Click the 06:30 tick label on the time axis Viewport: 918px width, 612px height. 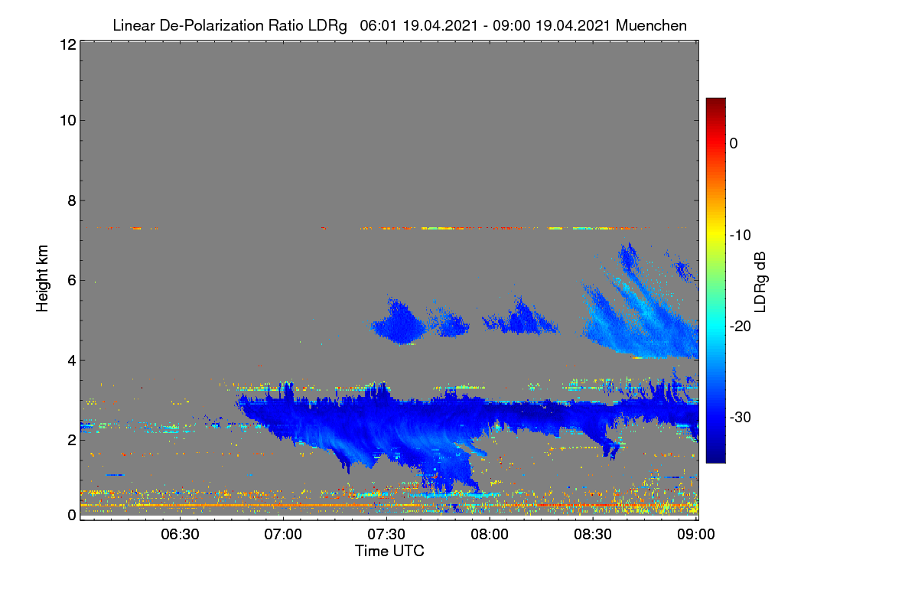pyautogui.click(x=180, y=534)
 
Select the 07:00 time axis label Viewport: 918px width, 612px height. pyautogui.click(x=283, y=534)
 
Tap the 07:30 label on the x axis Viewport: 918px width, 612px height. pyautogui.click(x=386, y=534)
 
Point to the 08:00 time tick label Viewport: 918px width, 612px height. pyautogui.click(x=490, y=534)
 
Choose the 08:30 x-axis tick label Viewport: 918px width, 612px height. pyautogui.click(x=593, y=534)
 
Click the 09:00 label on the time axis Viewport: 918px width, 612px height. pyautogui.click(x=696, y=534)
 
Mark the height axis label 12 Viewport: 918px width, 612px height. pyautogui.click(x=68, y=44)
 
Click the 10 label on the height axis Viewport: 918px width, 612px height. pyautogui.click(x=68, y=121)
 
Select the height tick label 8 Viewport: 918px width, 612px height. pyautogui.click(x=72, y=201)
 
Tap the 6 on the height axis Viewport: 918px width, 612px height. pyautogui.click(x=72, y=281)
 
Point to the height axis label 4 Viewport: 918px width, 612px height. pyautogui.click(x=72, y=361)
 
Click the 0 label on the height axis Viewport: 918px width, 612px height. pyautogui.click(x=72, y=516)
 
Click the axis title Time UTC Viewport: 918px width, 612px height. pyautogui.click(x=389, y=552)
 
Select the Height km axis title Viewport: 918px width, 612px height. pyautogui.click(x=42, y=278)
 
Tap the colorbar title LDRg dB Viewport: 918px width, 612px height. pyautogui.click(x=760, y=282)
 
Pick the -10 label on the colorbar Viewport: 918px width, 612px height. pyautogui.click(x=741, y=236)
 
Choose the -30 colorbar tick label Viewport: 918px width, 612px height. pyautogui.click(x=741, y=417)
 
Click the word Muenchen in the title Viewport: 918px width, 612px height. pyautogui.click(x=651, y=25)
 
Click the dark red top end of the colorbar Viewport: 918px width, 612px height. pyautogui.click(x=715, y=99)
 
